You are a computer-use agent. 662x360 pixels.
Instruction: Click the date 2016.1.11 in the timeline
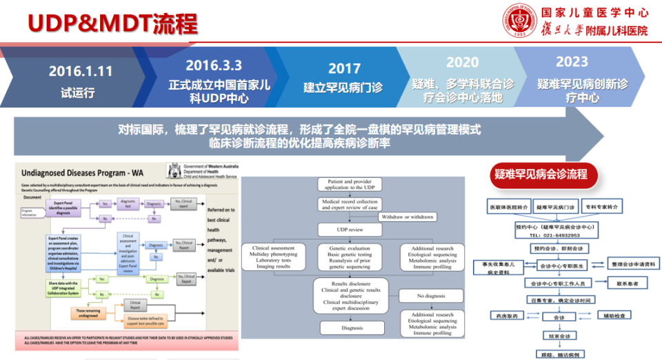(81, 71)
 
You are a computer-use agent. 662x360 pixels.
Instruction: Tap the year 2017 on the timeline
(344, 68)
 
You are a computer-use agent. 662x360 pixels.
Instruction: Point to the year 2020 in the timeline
(462, 63)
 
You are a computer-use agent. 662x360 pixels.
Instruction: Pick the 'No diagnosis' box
(432, 296)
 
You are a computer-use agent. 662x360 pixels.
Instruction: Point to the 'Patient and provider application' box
(348, 183)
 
